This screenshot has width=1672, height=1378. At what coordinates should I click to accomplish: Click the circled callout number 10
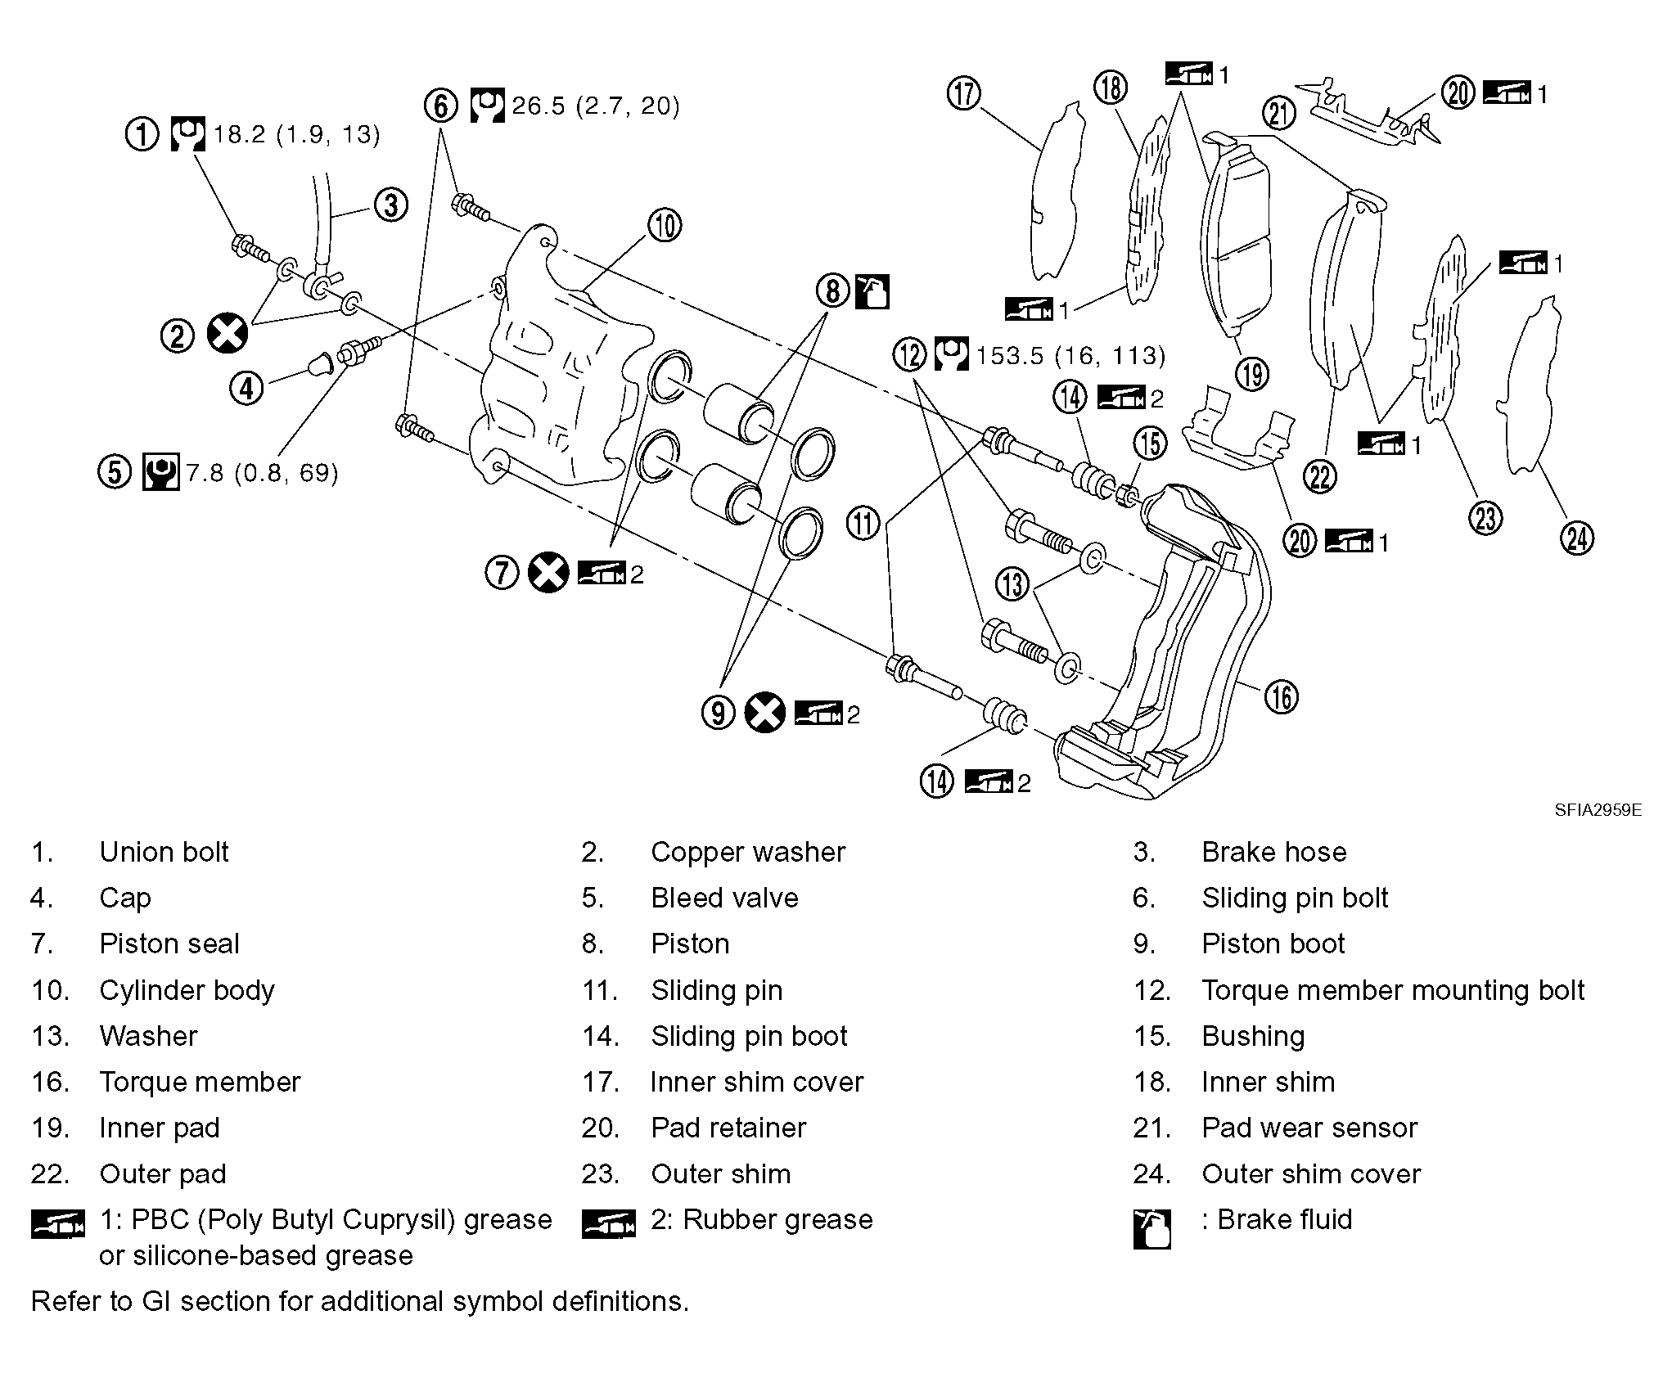pos(664,226)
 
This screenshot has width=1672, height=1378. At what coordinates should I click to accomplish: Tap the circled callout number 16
pos(1281,697)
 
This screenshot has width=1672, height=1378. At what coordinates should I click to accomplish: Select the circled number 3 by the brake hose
pos(391,205)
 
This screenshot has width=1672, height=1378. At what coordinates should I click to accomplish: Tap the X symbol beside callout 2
pos(228,334)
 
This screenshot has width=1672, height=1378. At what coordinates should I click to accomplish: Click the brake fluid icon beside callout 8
pos(872,291)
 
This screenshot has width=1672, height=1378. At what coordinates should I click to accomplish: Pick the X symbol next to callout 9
pos(765,713)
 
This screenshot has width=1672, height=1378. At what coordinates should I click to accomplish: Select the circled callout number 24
pos(1577,538)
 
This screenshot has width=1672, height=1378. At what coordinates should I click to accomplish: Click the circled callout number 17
pos(964,93)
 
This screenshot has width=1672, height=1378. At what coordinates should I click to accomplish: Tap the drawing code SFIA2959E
pos(1598,810)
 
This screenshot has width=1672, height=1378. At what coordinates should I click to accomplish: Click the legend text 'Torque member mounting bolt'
pos(1392,990)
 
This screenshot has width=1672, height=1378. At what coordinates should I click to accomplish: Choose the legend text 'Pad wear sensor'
pos(1309,1128)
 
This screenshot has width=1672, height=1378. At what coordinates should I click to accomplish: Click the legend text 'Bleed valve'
pos(724,898)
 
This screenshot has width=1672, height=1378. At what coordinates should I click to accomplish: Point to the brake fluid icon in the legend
pos(1151,1229)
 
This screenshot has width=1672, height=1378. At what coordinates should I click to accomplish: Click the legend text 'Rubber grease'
pos(777,1219)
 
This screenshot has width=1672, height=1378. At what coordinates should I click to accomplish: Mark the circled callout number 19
pos(1252,374)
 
